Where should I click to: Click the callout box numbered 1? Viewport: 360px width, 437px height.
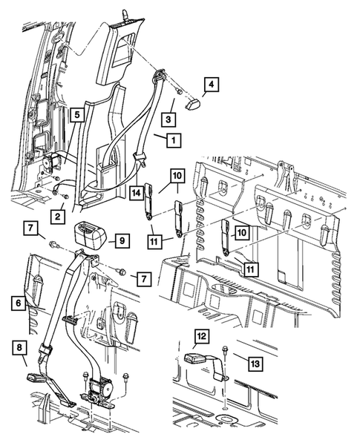tap(171, 139)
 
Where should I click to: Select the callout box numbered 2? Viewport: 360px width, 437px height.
tap(56, 215)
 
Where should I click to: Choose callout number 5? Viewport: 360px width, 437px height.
tap(76, 115)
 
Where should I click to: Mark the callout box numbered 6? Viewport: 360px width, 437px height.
tap(16, 303)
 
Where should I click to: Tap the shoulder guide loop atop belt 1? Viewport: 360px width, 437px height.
tap(159, 76)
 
